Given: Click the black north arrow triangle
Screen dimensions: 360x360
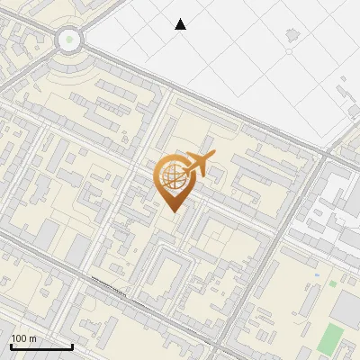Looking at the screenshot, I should point(180,24).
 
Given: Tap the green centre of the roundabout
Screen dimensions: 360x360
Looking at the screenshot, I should point(69,40).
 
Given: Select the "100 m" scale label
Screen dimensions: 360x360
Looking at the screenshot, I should point(23,338).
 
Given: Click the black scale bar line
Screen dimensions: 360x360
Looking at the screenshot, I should point(41,346).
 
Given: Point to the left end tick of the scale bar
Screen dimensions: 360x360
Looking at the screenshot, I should point(11,345).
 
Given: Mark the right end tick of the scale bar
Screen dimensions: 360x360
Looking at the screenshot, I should point(72,345).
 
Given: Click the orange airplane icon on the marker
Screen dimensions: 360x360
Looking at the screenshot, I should point(198,165).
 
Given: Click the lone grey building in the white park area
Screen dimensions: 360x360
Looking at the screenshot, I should point(291,36).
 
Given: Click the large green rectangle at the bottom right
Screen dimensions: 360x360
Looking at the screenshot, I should point(331,340).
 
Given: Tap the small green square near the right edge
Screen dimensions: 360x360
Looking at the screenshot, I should point(332,283).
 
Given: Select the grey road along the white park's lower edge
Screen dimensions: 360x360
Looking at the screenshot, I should point(243,117).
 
